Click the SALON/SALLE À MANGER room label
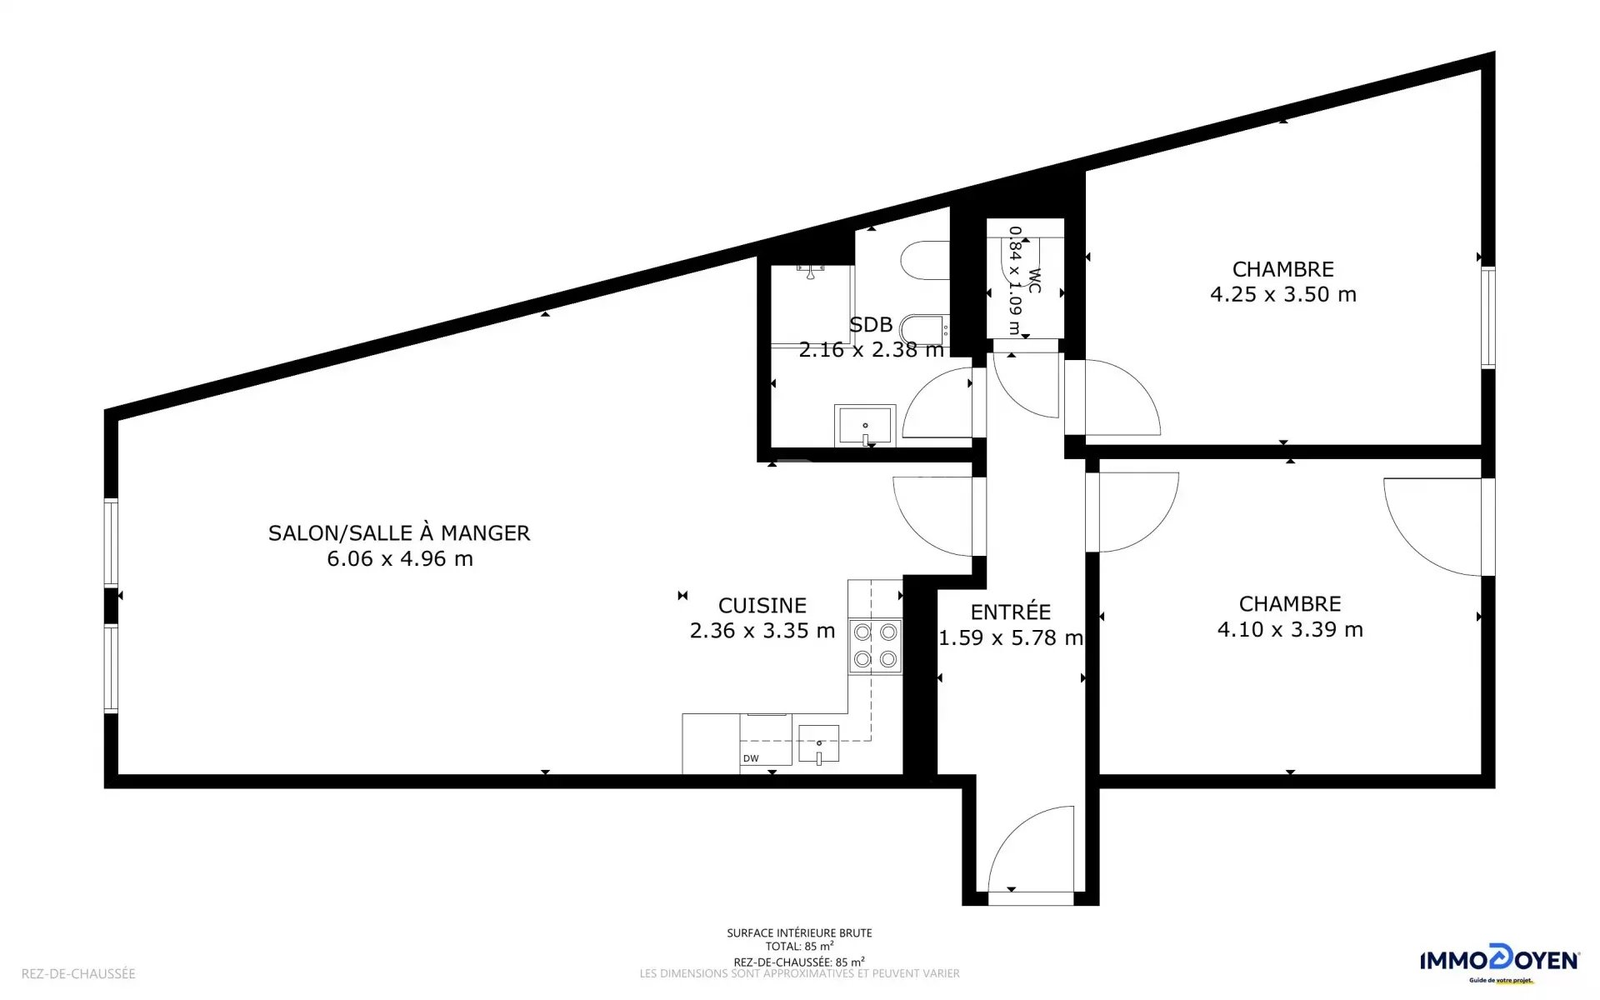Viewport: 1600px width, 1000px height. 399,532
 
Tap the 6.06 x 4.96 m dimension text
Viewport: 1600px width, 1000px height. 400,558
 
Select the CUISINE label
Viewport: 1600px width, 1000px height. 762,606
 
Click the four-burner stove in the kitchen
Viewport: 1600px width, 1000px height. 875,646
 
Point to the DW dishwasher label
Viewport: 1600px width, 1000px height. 751,758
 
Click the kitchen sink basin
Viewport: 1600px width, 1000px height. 818,744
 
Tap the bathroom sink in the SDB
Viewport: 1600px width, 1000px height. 865,426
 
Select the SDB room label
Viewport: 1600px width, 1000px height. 871,324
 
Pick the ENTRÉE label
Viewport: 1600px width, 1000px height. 1011,612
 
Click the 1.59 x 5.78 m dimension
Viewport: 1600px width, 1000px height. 1011,637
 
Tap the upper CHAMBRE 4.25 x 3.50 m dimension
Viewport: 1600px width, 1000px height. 1283,294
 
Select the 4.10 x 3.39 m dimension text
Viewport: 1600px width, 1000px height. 1290,629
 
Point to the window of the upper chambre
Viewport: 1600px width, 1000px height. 1488,317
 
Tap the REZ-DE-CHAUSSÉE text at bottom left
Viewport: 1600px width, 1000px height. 78,973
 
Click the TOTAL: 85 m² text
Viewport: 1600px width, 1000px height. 799,947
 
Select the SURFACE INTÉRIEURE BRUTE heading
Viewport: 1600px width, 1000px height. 799,933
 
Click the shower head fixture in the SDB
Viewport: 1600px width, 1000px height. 809,268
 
